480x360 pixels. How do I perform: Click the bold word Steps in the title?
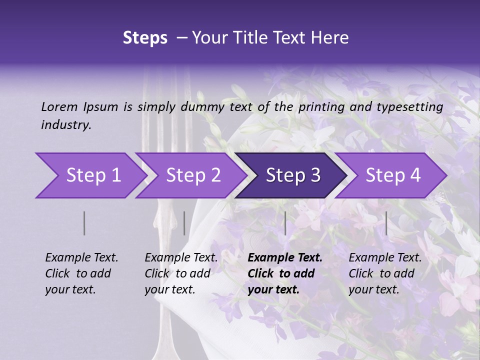(x=145, y=38)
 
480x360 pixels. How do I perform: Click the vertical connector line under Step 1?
(x=84, y=223)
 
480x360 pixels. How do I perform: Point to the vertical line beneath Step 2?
(x=184, y=223)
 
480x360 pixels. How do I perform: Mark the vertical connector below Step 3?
(x=285, y=223)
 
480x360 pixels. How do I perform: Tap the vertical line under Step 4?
(x=386, y=223)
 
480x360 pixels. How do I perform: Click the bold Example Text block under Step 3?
(x=285, y=273)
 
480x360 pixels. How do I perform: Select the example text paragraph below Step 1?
(x=81, y=273)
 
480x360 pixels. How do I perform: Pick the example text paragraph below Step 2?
(x=181, y=273)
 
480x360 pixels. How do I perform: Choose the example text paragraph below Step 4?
(x=385, y=273)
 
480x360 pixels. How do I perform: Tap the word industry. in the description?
(x=66, y=125)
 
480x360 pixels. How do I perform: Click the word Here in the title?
(x=332, y=38)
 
